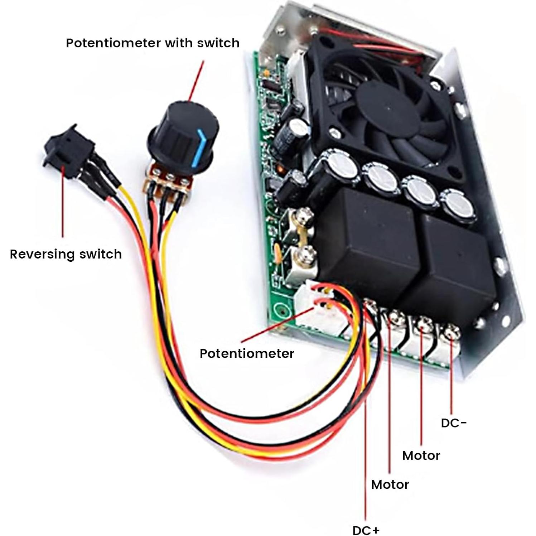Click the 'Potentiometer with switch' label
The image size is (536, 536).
click(153, 43)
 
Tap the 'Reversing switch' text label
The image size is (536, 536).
click(66, 254)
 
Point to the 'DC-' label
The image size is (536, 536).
click(454, 423)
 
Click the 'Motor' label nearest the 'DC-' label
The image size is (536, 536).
click(421, 455)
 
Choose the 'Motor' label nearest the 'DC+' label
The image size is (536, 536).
click(390, 484)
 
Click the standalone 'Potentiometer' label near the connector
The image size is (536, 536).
click(247, 353)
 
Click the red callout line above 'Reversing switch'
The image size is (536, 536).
click(63, 204)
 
